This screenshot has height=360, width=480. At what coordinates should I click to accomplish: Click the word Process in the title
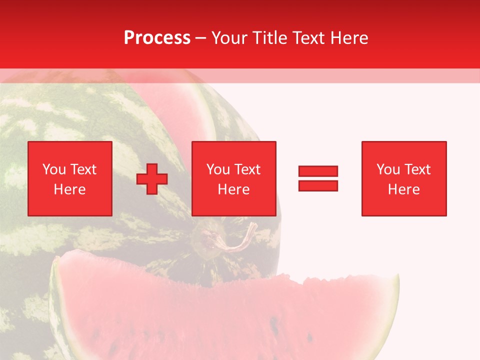[x=157, y=38]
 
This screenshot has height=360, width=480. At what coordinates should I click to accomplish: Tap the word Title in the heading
[x=269, y=38]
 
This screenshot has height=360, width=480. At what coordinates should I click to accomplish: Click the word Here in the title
[x=348, y=38]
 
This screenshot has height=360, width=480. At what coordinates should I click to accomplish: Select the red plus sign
[x=152, y=178]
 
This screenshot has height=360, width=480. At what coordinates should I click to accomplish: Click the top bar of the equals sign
[x=318, y=171]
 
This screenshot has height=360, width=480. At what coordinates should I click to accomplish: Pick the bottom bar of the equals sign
[x=318, y=185]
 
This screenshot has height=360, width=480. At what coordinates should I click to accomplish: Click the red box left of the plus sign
[x=70, y=178]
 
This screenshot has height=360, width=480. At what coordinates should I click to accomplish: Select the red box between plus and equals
[x=234, y=178]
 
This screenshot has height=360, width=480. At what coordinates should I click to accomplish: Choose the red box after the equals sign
[x=404, y=178]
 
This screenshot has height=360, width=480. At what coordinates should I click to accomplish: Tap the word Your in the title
[x=228, y=38]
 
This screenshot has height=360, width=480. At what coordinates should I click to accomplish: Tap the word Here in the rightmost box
[x=404, y=189]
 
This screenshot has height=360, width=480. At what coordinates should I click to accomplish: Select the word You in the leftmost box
[x=54, y=169]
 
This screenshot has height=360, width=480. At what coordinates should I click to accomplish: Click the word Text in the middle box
[x=247, y=169]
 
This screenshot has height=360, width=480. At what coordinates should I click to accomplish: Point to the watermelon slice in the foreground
[x=225, y=315]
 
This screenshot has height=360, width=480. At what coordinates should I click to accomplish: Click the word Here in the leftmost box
[x=70, y=189]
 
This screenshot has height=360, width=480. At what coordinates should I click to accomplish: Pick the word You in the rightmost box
[x=388, y=169]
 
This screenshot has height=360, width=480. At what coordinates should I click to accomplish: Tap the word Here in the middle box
[x=234, y=189]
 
